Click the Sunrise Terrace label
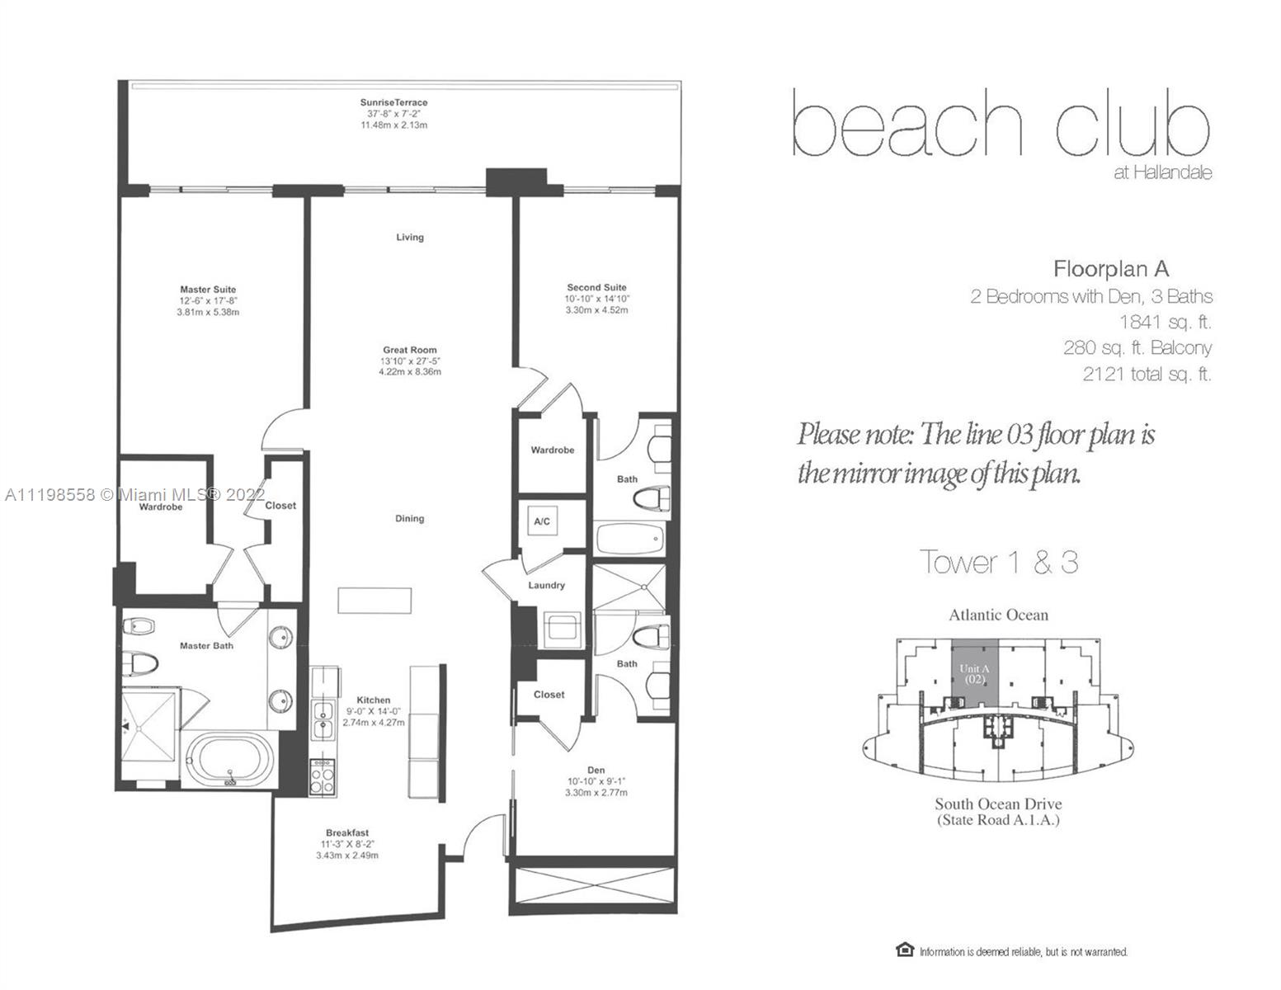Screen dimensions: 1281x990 pyautogui.click(x=393, y=102)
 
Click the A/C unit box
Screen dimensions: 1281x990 pyautogui.click(x=543, y=521)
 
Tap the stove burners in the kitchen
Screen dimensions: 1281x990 pyautogui.click(x=323, y=778)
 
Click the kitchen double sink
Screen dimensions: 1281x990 pyautogui.click(x=323, y=719)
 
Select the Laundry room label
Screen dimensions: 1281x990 pyautogui.click(x=547, y=585)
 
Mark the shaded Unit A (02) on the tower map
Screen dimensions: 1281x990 pyautogui.click(x=975, y=672)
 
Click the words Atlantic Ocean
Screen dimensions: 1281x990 pyautogui.click(x=999, y=615)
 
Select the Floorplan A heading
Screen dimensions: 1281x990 pyautogui.click(x=1111, y=269)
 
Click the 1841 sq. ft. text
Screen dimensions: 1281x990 pyautogui.click(x=1166, y=322)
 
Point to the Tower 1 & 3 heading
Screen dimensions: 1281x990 pyautogui.click(x=999, y=562)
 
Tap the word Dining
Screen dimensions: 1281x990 pyautogui.click(x=410, y=518)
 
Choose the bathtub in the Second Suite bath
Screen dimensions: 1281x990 pyautogui.click(x=630, y=539)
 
